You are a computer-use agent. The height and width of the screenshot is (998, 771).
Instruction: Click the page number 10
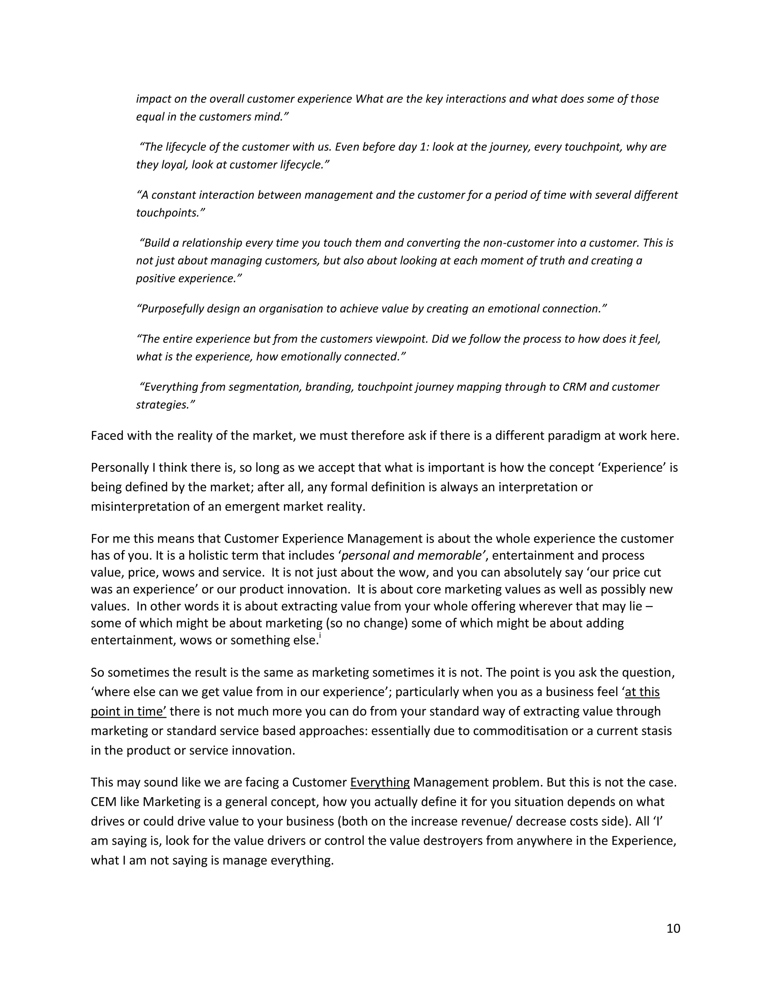(x=673, y=928)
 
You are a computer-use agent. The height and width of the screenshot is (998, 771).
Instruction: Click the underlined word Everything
(x=379, y=782)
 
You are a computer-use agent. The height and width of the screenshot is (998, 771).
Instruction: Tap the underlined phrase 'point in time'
(x=128, y=711)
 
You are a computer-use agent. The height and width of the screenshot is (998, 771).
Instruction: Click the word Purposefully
(x=172, y=308)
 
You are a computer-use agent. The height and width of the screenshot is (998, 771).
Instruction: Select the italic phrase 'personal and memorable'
(x=413, y=555)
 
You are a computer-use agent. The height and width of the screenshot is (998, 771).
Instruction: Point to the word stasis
(x=656, y=731)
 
